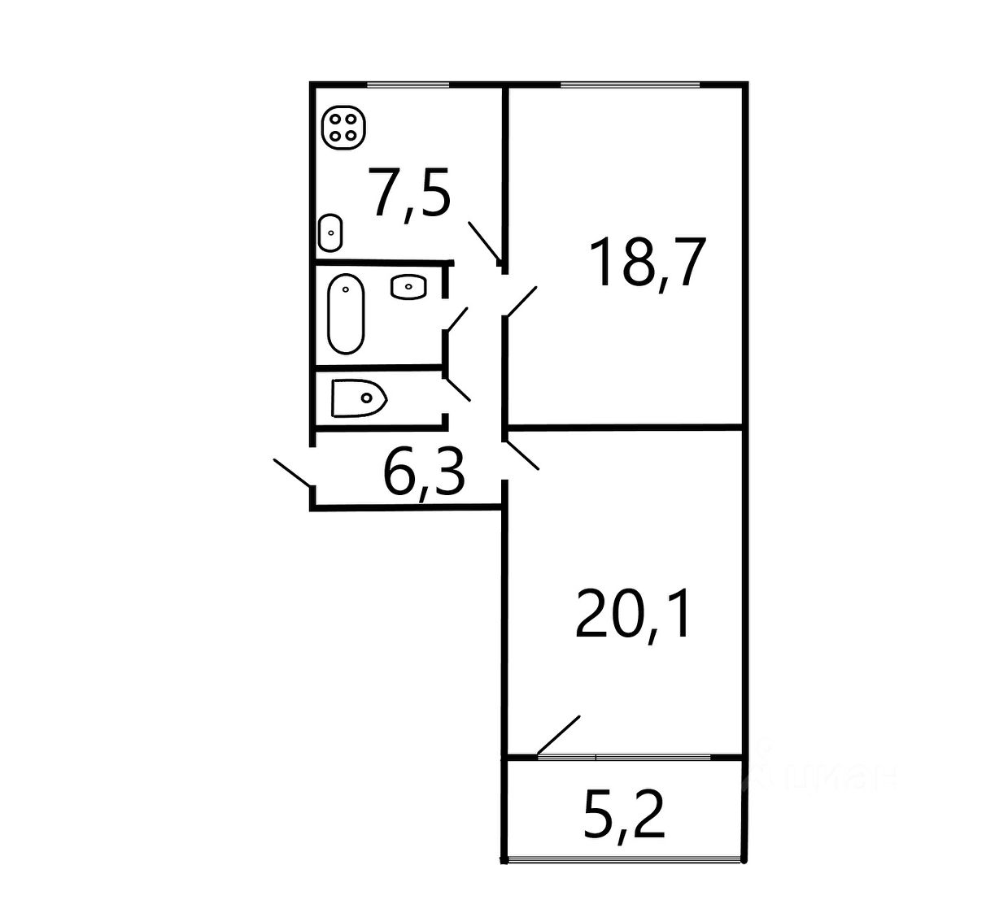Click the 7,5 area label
(409, 193)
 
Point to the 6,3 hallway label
(424, 474)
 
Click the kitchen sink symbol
(330, 233)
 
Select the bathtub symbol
(346, 314)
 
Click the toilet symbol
(358, 398)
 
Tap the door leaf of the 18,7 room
(521, 301)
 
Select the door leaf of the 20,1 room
(521, 454)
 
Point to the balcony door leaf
(559, 735)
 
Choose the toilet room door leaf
(457, 387)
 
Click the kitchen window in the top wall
(408, 85)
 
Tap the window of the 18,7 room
(631, 85)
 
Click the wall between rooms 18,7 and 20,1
(625, 426)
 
